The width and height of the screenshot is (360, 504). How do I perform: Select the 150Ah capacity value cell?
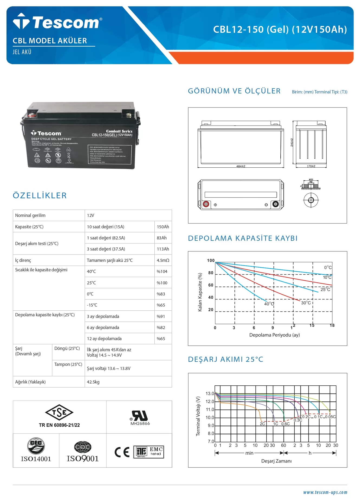click(163, 227)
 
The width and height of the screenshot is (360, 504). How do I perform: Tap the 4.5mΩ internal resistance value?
click(163, 260)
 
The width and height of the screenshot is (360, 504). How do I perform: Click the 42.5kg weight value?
click(93, 382)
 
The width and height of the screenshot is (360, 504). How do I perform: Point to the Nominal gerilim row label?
click(30, 215)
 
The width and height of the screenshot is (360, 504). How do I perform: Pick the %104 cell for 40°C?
click(162, 271)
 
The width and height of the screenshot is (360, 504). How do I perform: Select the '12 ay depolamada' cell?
click(104, 339)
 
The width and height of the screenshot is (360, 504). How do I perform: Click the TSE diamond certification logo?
click(59, 412)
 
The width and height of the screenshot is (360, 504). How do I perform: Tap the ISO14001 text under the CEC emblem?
click(36, 459)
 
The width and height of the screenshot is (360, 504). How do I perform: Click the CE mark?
click(122, 452)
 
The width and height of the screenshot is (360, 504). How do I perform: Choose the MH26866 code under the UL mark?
click(140, 424)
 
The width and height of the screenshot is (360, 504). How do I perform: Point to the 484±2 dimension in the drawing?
click(241, 166)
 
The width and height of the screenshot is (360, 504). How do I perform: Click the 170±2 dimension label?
click(311, 166)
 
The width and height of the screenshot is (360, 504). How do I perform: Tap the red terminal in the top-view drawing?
click(206, 204)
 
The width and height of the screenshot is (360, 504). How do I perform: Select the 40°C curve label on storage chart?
click(269, 304)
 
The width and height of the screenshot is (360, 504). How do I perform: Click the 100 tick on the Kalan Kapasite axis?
click(211, 261)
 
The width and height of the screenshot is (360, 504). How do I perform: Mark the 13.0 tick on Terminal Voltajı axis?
click(210, 394)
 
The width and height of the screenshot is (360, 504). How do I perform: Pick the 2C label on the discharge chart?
click(262, 424)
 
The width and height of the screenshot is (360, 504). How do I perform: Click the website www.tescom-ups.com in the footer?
click(325, 492)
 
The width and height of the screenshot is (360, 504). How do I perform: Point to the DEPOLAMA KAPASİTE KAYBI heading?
click(243, 238)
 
